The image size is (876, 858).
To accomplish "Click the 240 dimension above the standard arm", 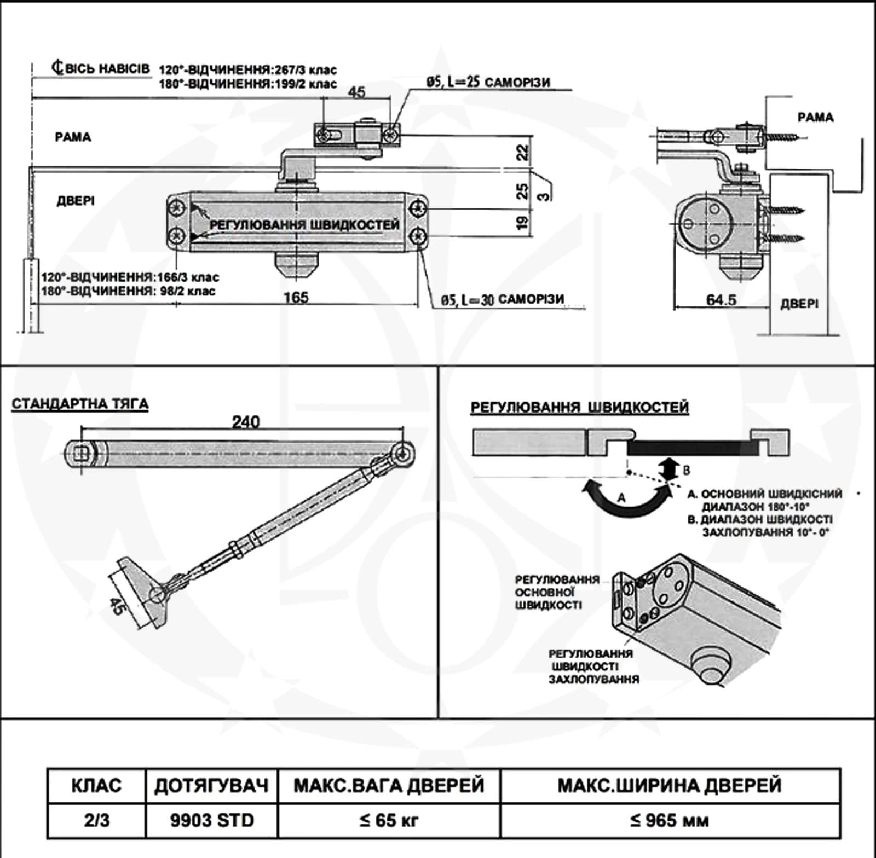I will click(246, 422).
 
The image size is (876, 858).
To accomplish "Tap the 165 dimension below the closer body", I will click(296, 298).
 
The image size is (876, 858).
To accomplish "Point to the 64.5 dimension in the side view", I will click(721, 300).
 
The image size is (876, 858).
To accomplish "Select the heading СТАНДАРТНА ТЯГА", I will click(80, 404).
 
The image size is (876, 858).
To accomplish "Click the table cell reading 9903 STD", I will click(212, 820).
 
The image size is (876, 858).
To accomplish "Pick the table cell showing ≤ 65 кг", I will click(389, 820).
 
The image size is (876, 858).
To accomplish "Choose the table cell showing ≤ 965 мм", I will click(669, 820).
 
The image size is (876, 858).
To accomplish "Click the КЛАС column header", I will click(96, 786).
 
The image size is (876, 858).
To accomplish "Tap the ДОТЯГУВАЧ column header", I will click(212, 786).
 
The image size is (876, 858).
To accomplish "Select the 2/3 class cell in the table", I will click(96, 820).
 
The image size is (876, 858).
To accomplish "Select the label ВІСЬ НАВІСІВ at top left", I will click(101, 68).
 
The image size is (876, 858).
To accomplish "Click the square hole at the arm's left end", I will click(82, 453).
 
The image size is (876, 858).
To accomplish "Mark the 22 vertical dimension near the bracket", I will click(523, 152).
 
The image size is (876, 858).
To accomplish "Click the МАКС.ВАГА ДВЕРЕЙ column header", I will click(389, 786).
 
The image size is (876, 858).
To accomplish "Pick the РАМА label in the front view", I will click(73, 137).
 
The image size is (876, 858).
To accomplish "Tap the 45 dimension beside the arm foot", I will click(117, 606).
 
